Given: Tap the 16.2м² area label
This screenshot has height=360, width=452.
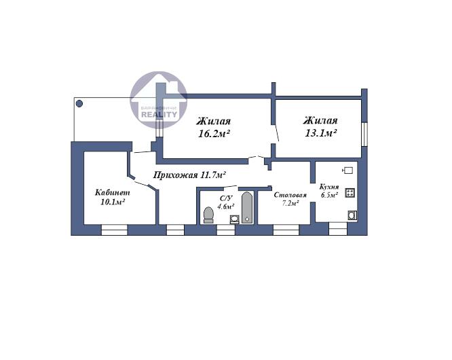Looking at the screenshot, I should (213, 134).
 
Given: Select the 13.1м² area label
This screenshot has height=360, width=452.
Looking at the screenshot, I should (320, 134).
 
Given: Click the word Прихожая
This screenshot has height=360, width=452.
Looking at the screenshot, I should (173, 175).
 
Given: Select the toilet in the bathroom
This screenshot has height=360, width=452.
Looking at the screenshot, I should (209, 215).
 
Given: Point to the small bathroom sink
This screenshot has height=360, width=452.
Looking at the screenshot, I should (233, 219).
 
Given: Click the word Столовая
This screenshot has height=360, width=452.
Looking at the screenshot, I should (290, 195).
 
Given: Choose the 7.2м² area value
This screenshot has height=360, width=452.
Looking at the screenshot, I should (290, 204).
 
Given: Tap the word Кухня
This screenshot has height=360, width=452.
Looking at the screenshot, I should (330, 186).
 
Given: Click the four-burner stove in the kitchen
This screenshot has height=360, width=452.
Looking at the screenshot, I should (350, 193).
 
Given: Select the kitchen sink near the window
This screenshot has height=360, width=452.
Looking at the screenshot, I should (352, 215).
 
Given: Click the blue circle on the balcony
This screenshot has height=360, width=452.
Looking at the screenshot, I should (79, 104).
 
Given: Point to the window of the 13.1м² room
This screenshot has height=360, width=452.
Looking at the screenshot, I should (364, 132).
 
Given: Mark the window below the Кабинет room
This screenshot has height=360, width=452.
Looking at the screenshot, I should (115, 230).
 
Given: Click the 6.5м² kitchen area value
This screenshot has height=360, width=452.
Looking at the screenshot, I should (329, 195).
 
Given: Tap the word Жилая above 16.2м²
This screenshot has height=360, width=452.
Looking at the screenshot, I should (213, 122).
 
